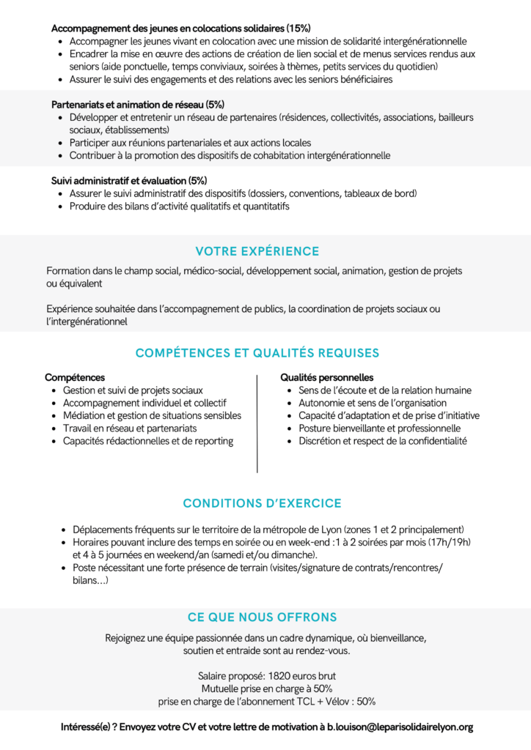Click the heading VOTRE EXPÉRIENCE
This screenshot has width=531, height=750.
point(257,251)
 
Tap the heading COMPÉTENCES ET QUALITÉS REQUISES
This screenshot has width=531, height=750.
point(257,353)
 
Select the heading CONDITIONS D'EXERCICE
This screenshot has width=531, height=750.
point(262,503)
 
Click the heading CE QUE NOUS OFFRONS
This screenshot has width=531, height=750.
point(262,617)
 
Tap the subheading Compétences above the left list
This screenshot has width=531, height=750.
point(75,377)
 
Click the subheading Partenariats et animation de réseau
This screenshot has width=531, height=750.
point(128,104)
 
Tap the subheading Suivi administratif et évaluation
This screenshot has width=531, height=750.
point(119,180)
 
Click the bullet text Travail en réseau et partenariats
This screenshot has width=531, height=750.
point(130,428)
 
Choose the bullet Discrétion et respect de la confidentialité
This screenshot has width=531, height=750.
point(382,440)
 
